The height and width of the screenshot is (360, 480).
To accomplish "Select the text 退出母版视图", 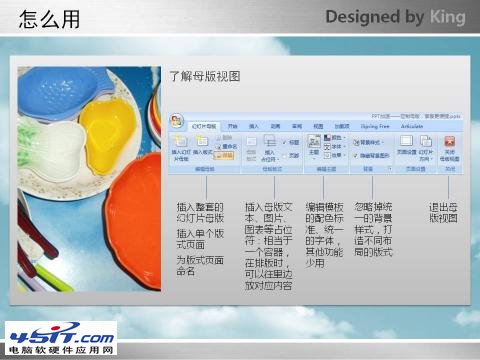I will coord(443,212).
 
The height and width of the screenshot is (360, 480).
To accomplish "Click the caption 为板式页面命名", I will coord(200,265).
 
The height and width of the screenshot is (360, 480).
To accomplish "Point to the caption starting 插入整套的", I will coord(200,212).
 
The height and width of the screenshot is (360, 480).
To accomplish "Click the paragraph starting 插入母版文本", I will coord(268,245).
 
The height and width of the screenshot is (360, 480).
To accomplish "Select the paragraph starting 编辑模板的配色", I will coord(326,232).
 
